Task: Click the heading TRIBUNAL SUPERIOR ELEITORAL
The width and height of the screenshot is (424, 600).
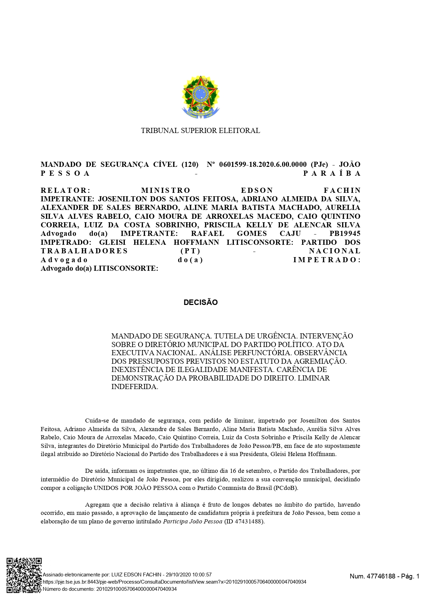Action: click(200, 131)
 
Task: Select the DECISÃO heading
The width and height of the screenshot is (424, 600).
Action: click(200, 303)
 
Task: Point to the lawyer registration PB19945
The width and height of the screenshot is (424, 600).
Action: click(345, 234)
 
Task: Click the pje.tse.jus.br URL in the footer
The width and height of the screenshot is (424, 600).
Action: click(174, 582)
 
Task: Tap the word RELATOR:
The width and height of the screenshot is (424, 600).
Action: click(65, 190)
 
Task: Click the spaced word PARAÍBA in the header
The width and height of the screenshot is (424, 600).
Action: click(332, 173)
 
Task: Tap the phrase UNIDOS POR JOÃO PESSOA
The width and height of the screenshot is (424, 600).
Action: click(136, 488)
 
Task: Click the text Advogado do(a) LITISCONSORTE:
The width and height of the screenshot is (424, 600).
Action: click(100, 268)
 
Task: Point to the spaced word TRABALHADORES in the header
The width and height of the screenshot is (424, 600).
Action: click(84, 251)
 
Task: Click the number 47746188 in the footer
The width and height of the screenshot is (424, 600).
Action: click(380, 576)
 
